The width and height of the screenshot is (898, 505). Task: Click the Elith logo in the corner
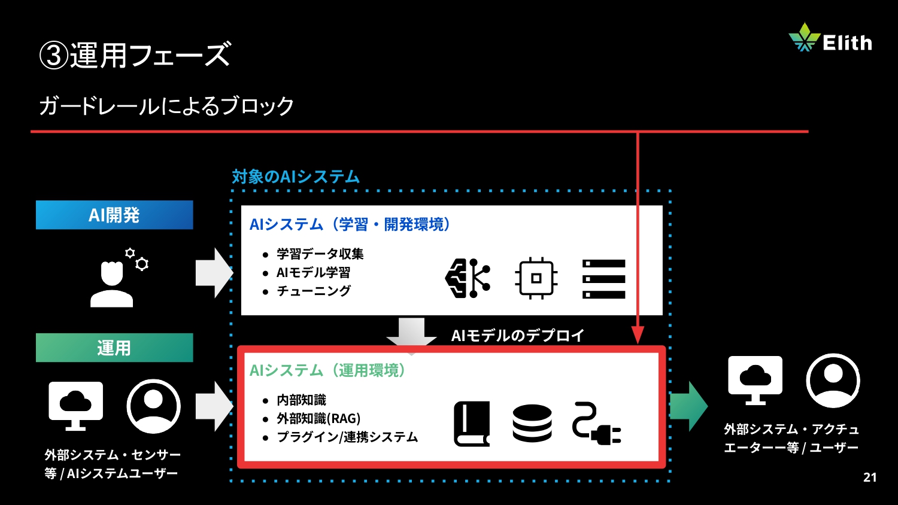830,39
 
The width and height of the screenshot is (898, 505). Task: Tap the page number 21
870,477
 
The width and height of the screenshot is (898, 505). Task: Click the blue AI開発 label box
114,215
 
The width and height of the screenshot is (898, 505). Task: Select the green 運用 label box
114,348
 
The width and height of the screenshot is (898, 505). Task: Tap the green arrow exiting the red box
688,406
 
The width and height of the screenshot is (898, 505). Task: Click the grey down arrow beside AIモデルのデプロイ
411,333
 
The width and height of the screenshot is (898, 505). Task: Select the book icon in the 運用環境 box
472,424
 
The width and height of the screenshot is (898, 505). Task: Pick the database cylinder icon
532,424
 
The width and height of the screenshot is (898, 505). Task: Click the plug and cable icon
596,424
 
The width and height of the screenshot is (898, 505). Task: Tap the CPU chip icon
536,278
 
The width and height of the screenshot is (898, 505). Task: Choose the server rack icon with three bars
604,279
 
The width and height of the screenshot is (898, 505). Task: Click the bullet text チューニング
314,291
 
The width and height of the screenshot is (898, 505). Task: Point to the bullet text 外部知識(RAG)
318,419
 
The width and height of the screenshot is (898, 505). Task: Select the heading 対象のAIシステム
296,177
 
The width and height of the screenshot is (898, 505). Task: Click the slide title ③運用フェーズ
135,55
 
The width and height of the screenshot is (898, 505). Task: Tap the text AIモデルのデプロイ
517,336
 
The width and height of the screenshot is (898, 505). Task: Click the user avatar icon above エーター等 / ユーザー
833,380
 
